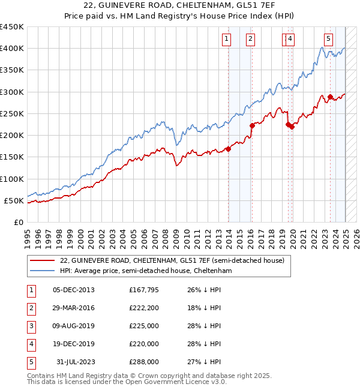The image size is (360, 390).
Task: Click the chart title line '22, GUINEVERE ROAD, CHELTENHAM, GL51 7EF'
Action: coord(179,6)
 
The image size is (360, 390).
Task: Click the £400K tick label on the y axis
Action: coord(12,49)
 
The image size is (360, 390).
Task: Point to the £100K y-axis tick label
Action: coord(12,179)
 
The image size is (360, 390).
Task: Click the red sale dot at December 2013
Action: coord(229,149)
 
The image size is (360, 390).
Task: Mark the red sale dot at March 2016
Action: coord(252,125)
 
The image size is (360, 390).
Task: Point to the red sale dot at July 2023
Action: coord(330,97)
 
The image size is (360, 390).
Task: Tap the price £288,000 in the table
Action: coord(144,362)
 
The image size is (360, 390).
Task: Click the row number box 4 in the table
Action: coord(30,344)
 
